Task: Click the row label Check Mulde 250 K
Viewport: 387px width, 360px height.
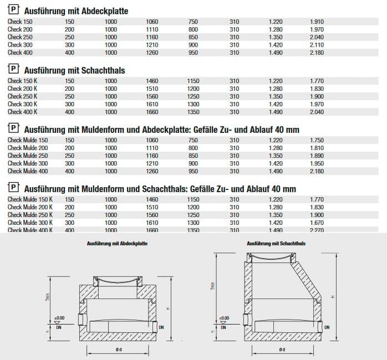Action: [x=30, y=214]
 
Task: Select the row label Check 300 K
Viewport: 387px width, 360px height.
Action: [x=22, y=104]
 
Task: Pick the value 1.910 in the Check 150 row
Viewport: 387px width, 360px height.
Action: [x=317, y=22]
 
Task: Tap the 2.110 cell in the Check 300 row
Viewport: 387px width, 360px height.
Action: [x=317, y=45]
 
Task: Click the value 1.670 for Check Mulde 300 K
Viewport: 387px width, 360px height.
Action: [x=317, y=222]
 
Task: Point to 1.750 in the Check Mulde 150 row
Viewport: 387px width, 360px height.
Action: [x=317, y=140]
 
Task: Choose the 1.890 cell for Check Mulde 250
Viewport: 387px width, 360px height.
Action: [x=317, y=156]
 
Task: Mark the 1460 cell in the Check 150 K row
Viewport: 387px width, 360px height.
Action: [x=152, y=80]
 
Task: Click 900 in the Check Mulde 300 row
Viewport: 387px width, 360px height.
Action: [x=193, y=163]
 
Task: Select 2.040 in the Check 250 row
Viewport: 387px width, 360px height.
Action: [x=317, y=37]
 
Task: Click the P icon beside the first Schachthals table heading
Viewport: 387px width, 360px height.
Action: [x=13, y=70]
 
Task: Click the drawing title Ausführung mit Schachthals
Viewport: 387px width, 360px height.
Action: [x=276, y=243]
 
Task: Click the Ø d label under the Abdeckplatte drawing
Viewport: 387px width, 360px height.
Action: [x=118, y=349]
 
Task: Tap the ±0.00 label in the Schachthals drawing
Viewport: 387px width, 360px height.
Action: [x=224, y=318]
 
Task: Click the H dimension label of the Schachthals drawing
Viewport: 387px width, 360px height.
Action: [x=332, y=297]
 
